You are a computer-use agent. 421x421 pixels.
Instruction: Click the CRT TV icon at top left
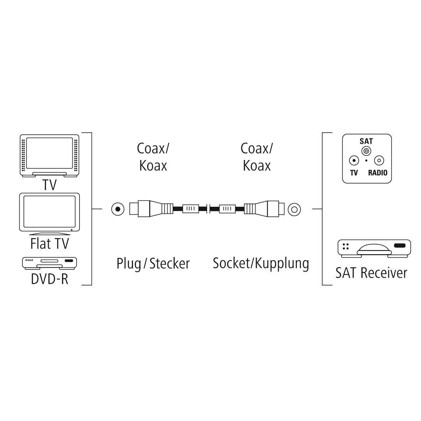click(50, 155)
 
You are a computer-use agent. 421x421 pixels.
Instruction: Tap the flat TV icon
click(50, 213)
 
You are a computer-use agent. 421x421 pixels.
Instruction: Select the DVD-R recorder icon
click(50, 262)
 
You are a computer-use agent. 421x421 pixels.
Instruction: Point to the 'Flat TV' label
click(50, 244)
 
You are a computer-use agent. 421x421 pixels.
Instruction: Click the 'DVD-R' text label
click(50, 279)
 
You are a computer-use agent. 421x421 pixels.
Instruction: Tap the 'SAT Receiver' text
click(371, 273)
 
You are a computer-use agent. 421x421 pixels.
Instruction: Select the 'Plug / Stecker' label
click(153, 264)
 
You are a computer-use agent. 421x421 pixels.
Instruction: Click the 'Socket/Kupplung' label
click(261, 263)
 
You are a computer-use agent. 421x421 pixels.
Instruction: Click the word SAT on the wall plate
click(366, 141)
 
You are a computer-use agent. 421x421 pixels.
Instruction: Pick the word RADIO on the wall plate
click(378, 173)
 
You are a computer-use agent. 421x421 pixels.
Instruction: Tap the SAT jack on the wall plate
click(366, 151)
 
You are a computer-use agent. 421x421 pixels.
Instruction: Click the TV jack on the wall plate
click(354, 161)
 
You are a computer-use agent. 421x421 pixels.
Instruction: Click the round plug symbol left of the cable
click(117, 209)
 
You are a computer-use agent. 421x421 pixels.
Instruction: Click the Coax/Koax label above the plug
click(153, 157)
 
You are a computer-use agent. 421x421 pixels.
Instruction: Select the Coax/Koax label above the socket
click(257, 157)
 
